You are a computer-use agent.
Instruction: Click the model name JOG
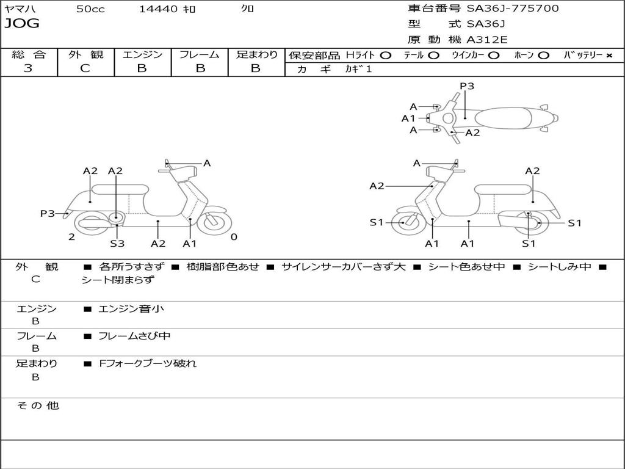22,24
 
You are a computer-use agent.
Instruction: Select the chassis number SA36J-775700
513,9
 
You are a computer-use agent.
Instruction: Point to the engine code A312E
486,40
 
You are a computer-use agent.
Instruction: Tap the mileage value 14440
158,9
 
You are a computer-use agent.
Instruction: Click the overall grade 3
28,68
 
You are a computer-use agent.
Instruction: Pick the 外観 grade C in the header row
85,68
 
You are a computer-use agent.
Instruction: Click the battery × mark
609,56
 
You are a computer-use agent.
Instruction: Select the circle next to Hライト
386,56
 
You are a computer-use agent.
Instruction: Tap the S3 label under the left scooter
117,243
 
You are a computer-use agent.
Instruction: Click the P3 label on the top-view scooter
467,85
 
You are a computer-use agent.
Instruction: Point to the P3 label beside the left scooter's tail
48,213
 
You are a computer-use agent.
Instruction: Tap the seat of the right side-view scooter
503,190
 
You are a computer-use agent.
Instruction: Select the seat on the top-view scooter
503,118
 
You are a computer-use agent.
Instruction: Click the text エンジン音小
131,308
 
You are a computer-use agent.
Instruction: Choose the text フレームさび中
134,336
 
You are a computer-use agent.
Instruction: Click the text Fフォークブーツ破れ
148,363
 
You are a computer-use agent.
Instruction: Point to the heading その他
38,405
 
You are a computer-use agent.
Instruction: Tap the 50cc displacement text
90,9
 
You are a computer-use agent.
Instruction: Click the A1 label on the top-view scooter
408,118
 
